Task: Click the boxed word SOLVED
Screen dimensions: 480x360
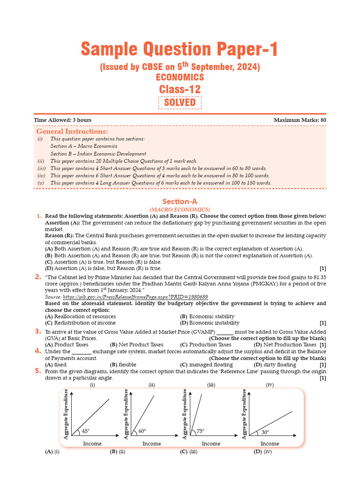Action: pyautogui.click(x=180, y=103)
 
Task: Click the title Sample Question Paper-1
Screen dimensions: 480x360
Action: pyautogui.click(x=180, y=49)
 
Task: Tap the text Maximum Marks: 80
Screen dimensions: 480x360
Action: pyautogui.click(x=300, y=120)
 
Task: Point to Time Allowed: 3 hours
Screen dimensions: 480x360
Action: pyautogui.click(x=63, y=120)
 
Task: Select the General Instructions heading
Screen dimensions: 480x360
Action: pyautogui.click(x=72, y=132)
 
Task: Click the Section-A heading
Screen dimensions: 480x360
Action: pyautogui.click(x=180, y=202)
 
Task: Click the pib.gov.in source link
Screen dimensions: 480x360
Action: pyautogui.click(x=135, y=297)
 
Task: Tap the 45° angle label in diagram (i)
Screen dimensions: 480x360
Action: pyautogui.click(x=86, y=431)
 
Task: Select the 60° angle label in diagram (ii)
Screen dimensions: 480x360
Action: pyautogui.click(x=142, y=431)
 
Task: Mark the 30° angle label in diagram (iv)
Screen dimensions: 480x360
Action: pyautogui.click(x=265, y=432)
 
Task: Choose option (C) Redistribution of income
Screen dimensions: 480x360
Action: pyautogui.click(x=80, y=322)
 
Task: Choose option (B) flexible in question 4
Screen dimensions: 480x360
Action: pyautogui.click(x=123, y=364)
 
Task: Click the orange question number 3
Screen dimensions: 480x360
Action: pyautogui.click(x=37, y=331)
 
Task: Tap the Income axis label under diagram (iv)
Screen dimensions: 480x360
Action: pyautogui.click(x=270, y=443)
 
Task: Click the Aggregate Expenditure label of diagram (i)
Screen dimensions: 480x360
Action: pyautogui.click(x=66, y=414)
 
